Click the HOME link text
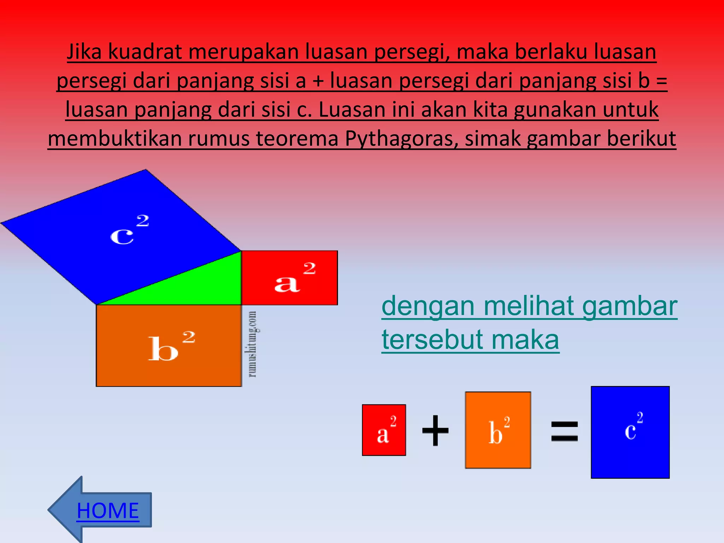pos(108,510)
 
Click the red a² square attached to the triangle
pos(289,278)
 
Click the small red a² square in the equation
pos(384,430)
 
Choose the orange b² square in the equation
pos(498,430)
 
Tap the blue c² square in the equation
pos(630,432)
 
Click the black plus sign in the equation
pos(435,430)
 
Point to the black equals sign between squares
pos(564,431)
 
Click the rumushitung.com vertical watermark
pos(252,344)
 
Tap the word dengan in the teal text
pos(428,306)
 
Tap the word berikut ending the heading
pos(641,139)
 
